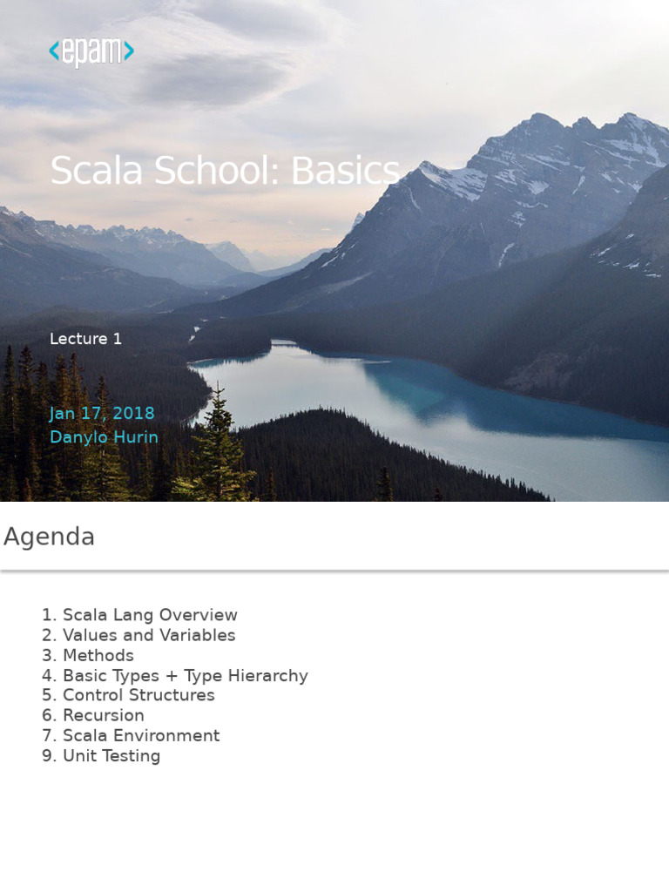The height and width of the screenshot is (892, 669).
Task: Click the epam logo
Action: click(91, 52)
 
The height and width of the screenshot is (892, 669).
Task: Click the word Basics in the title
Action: click(345, 171)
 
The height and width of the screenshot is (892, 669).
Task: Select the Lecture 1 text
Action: click(85, 339)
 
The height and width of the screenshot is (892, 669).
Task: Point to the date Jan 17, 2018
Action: click(102, 414)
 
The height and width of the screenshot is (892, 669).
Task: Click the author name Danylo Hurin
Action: click(104, 437)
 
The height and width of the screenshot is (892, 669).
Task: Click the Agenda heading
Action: click(50, 537)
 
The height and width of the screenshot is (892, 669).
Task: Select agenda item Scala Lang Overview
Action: click(150, 615)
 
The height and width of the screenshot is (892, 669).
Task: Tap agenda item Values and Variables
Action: click(149, 635)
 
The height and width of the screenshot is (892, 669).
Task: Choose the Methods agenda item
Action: click(98, 655)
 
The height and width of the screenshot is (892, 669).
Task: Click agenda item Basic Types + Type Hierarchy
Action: click(186, 675)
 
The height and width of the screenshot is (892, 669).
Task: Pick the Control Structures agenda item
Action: click(139, 695)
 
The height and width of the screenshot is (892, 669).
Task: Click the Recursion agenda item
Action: click(104, 715)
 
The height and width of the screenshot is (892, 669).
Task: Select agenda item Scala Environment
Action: click(141, 735)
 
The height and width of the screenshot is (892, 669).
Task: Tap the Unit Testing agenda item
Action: click(111, 755)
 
